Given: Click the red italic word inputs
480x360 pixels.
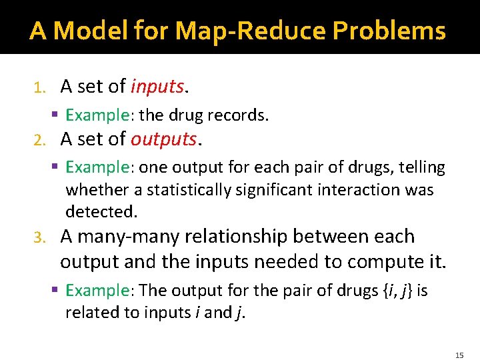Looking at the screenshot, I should pyautogui.click(x=157, y=87).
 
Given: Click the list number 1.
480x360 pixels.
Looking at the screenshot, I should pyautogui.click(x=39, y=87).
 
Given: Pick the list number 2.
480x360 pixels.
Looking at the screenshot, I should pyautogui.click(x=39, y=140).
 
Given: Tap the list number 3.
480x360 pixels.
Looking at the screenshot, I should pyautogui.click(x=39, y=237).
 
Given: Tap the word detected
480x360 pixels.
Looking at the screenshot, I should pyautogui.click(x=101, y=212).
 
